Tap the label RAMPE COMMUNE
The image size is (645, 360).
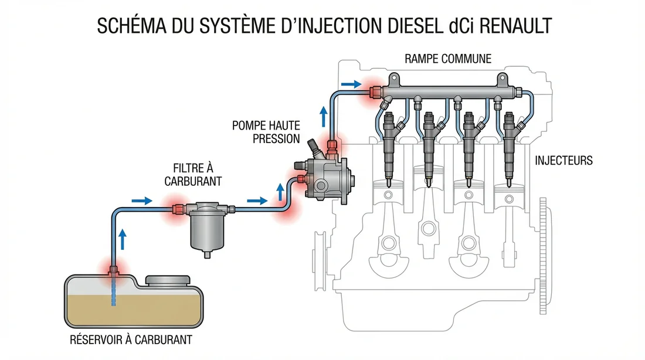448,59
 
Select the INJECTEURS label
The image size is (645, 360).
563,160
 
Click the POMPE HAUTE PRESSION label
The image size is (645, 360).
266,132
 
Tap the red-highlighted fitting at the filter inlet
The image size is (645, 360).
177,208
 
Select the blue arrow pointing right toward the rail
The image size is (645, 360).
351,84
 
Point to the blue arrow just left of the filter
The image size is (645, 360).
142,201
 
